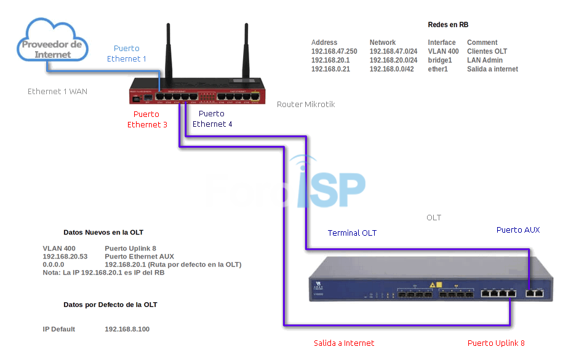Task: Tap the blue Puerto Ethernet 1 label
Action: coord(127,54)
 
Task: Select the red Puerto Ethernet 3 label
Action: coord(146,119)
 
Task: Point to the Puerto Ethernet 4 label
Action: coord(212,119)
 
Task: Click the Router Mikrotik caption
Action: coord(306,105)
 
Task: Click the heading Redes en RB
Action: coord(448,25)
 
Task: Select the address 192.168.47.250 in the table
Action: coord(334,52)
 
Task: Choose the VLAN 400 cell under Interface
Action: coord(443,52)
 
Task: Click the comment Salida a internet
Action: coord(492,70)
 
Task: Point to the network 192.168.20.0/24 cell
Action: coord(393,60)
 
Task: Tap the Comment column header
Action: coord(482,42)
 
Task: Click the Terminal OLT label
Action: coord(352,233)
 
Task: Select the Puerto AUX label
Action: coord(518,230)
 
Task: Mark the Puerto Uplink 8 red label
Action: coord(496,343)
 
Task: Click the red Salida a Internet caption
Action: coord(344,343)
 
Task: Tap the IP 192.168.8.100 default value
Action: coord(127,329)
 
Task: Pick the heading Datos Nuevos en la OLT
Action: coord(103,233)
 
